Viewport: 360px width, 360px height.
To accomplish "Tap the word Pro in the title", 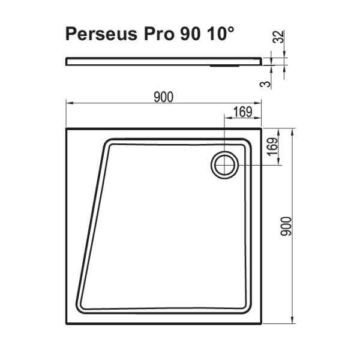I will pyautogui.click(x=156, y=34).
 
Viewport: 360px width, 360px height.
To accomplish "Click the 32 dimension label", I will pyautogui.click(x=277, y=38).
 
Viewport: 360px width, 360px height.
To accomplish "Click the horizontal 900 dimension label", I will pyautogui.click(x=163, y=97).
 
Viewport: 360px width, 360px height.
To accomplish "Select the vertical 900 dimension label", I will pyautogui.click(x=286, y=226).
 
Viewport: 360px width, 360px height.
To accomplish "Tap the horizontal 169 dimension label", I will pyautogui.click(x=242, y=110).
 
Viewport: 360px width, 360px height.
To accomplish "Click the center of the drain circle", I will pyautogui.click(x=224, y=164).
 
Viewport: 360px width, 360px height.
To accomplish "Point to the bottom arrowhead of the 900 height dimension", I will pyautogui.click(x=292, y=320).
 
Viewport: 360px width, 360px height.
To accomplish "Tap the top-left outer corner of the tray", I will pyautogui.click(x=65, y=128).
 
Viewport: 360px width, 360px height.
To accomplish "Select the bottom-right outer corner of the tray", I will pyautogui.click(x=262, y=325).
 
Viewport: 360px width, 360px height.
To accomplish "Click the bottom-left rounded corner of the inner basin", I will pyautogui.click(x=81, y=307).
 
